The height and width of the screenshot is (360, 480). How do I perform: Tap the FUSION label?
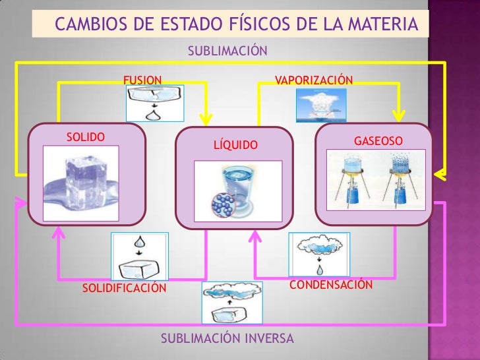(142, 80)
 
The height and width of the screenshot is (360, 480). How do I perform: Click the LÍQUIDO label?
(236, 144)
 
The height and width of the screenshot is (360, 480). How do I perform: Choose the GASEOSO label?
(378, 142)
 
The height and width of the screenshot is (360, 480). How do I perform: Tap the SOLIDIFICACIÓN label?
(125, 288)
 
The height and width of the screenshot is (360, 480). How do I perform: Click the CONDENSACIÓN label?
(332, 285)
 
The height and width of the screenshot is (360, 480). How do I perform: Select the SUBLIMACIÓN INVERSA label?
(228, 338)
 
